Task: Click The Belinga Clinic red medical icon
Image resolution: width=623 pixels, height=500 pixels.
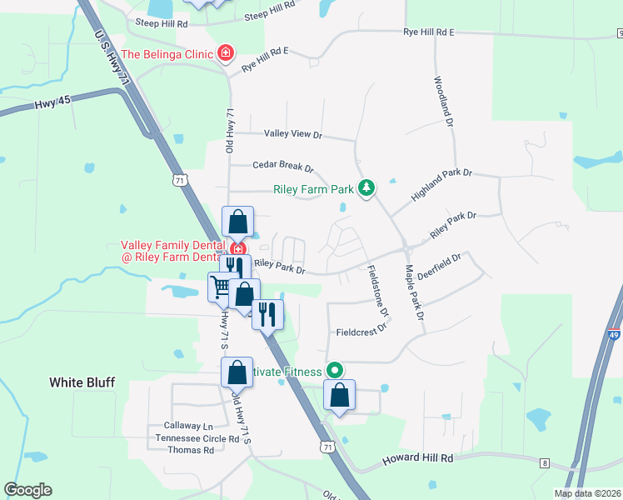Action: tap(224, 54)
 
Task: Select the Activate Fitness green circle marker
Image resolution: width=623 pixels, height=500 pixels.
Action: tap(335, 369)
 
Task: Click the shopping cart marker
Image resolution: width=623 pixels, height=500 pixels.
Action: tap(222, 287)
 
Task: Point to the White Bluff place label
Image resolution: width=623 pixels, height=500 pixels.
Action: tap(82, 382)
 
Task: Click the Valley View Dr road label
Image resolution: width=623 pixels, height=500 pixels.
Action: tap(292, 134)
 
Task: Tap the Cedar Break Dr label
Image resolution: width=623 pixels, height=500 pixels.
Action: tap(283, 167)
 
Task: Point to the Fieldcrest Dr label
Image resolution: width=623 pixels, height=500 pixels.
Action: tap(362, 331)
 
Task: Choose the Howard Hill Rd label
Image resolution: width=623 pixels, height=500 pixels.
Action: tap(417, 459)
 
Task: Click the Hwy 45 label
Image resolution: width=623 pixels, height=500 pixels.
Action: tap(49, 106)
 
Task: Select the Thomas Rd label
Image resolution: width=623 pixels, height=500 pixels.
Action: tap(191, 450)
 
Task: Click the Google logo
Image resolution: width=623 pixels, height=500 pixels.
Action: tap(28, 490)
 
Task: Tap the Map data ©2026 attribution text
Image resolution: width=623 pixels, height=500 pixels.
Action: tap(587, 493)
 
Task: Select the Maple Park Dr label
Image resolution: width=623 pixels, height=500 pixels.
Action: tap(415, 292)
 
